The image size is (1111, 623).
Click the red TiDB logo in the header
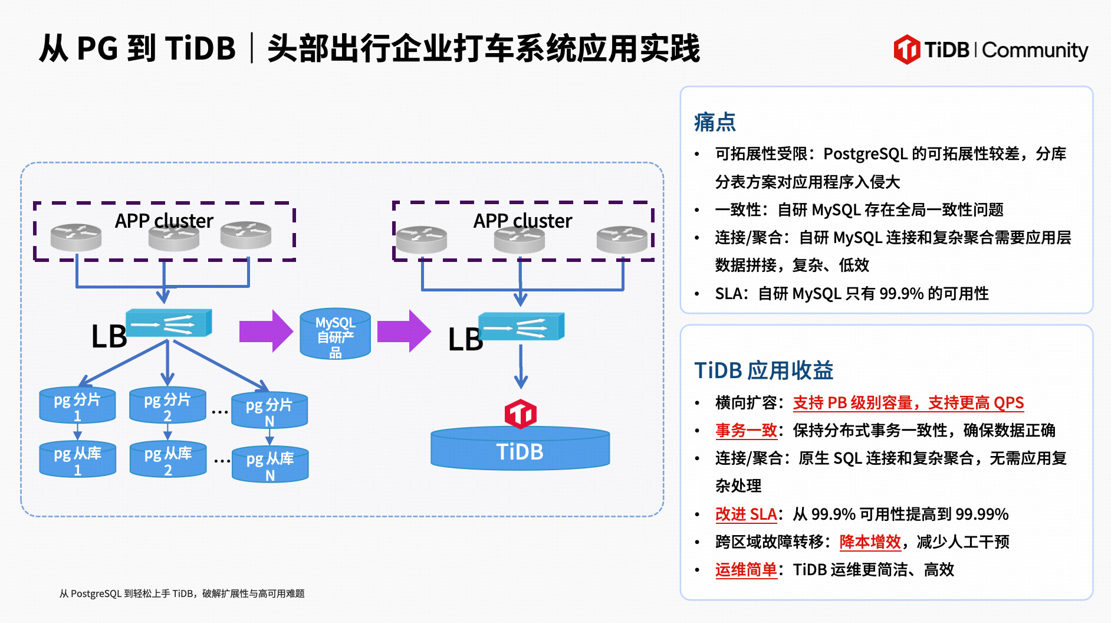(x=906, y=50)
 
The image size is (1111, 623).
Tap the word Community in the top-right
(x=1035, y=51)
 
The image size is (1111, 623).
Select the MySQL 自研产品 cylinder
(x=335, y=335)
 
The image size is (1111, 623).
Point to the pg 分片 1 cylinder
(x=77, y=406)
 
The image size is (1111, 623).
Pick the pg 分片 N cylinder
(x=269, y=411)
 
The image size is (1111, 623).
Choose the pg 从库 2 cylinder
(x=168, y=460)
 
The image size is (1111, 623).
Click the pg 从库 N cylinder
(x=270, y=465)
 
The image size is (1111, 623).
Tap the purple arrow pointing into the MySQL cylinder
(x=266, y=331)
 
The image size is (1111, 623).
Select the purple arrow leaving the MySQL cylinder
(x=404, y=331)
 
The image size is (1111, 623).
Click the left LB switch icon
(x=169, y=323)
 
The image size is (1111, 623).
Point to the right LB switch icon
(x=521, y=327)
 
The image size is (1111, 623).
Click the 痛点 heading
(x=715, y=122)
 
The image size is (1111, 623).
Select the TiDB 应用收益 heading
(x=764, y=370)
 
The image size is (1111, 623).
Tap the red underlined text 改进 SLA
(x=746, y=514)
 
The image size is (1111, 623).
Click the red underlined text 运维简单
(x=746, y=570)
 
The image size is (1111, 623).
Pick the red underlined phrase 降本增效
(x=870, y=542)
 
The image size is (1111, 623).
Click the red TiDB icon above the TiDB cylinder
(x=520, y=414)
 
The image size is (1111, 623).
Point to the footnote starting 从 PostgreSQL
(x=182, y=594)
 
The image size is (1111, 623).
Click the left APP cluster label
(x=164, y=221)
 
